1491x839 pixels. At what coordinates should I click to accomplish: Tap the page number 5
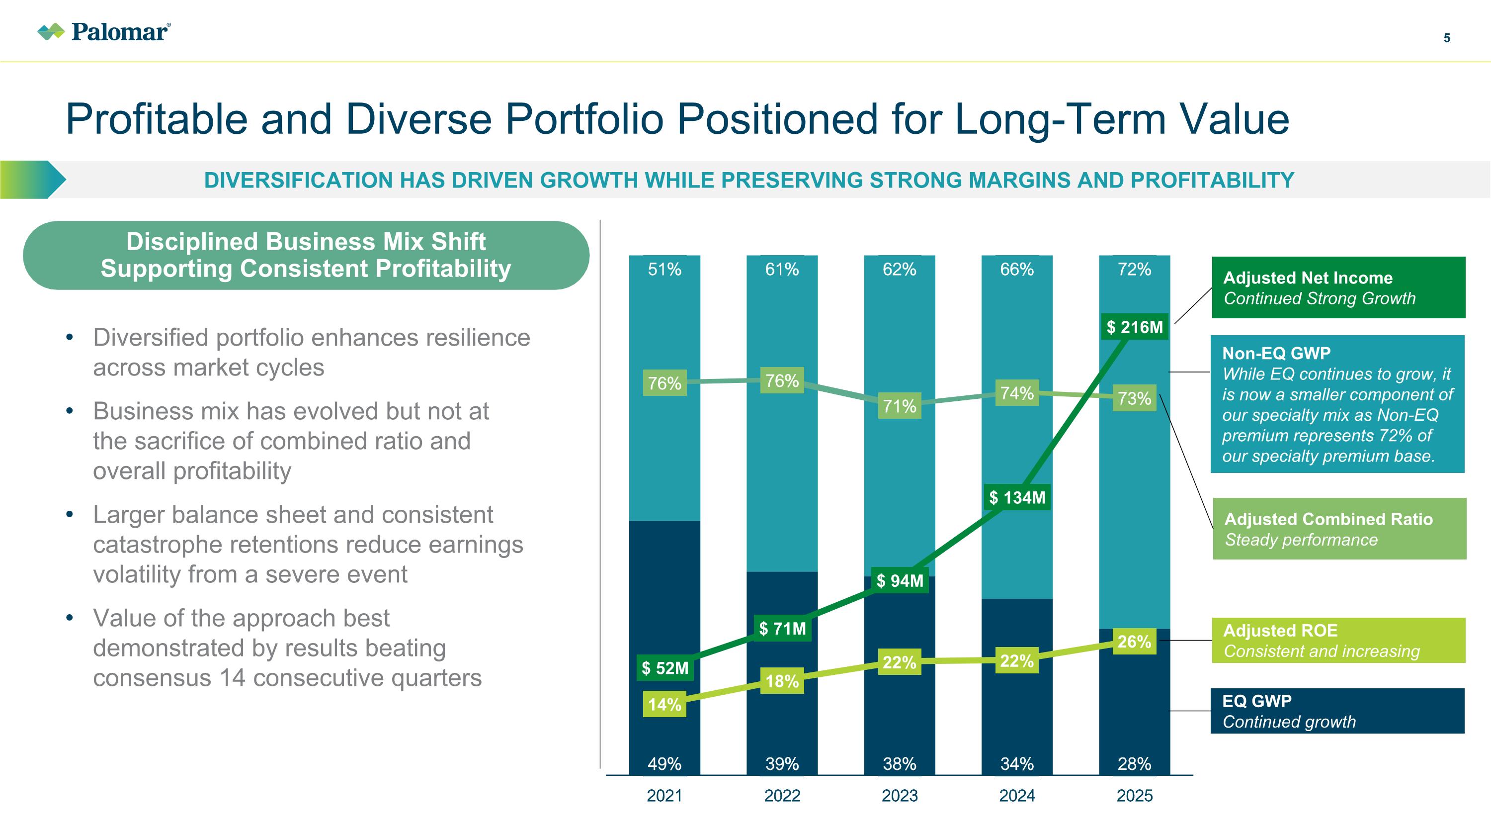[1446, 38]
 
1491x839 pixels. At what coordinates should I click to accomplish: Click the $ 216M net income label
[1135, 327]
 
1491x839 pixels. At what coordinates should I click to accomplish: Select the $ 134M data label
[1017, 497]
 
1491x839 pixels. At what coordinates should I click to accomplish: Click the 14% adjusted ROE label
[664, 705]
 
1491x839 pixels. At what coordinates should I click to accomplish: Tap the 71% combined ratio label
[900, 406]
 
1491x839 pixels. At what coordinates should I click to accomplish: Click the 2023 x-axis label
[900, 796]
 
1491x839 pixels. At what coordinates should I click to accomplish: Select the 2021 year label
[664, 796]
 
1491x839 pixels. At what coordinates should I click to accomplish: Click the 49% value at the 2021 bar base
[664, 764]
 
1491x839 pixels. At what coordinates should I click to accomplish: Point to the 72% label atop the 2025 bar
[1135, 269]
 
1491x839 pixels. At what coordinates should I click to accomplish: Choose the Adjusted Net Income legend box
[1338, 288]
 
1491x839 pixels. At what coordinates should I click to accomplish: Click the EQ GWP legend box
[1337, 711]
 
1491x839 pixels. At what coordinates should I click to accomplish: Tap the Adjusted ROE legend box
[1338, 641]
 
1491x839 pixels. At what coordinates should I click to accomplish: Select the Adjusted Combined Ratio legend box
[1339, 529]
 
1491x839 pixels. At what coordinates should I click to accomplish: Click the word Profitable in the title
[156, 119]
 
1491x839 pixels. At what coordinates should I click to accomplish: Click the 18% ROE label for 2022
[782, 681]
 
